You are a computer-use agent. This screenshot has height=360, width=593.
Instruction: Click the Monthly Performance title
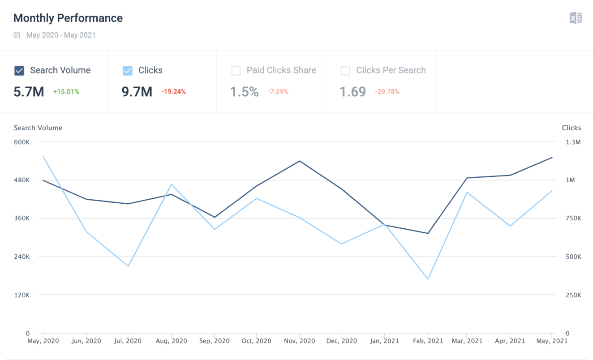click(68, 18)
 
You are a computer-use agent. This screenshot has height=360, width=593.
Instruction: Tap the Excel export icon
click(576, 18)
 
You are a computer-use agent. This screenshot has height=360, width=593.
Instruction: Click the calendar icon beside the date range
click(17, 35)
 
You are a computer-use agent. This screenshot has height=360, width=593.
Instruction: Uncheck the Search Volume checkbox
click(19, 71)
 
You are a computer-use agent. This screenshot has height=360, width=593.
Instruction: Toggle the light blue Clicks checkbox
click(128, 71)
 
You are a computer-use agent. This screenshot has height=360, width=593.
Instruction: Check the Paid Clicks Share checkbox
click(236, 71)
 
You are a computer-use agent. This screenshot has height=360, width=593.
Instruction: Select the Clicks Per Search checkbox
click(345, 71)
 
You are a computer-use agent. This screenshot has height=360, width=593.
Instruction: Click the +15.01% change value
click(66, 92)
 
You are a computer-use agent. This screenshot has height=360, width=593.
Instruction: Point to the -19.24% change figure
click(173, 92)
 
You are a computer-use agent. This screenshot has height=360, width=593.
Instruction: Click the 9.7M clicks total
click(137, 92)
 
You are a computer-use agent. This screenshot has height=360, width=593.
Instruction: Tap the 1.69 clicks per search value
click(352, 92)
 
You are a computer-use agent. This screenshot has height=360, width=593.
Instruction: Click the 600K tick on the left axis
click(21, 142)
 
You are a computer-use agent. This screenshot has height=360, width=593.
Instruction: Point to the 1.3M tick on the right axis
click(573, 142)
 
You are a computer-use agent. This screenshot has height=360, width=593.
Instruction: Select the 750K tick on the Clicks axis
click(573, 219)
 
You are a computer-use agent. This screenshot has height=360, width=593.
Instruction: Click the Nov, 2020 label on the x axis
click(300, 341)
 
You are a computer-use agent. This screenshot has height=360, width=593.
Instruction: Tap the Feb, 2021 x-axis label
click(428, 341)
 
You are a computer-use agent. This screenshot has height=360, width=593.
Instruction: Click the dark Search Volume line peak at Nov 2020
click(300, 161)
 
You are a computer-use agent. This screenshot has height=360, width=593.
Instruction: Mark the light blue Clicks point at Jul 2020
click(129, 266)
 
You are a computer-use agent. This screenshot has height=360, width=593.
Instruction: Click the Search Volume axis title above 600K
click(38, 128)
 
